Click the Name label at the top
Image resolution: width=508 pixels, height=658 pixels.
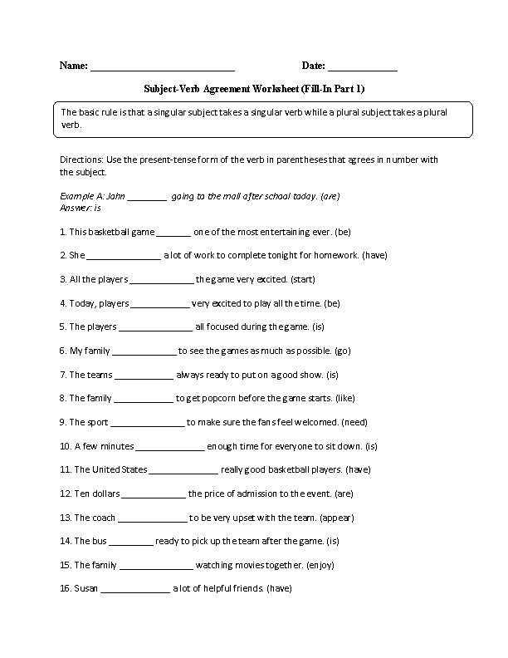[73, 66]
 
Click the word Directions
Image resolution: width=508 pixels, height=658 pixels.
[81, 160]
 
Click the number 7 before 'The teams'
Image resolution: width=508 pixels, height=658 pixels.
[62, 375]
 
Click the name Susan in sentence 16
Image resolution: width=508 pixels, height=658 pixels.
[85, 589]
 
